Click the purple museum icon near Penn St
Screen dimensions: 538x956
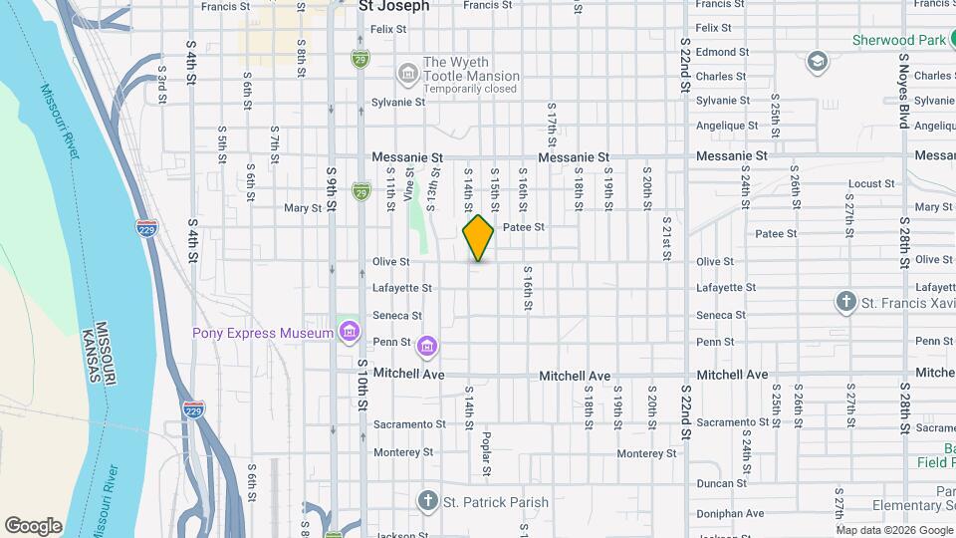coord(427,346)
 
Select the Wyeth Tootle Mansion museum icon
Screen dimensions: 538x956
coord(406,73)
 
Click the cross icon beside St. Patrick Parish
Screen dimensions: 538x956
coord(427,501)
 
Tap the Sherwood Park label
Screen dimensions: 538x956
coord(897,41)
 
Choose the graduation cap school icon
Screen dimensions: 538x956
coord(818,62)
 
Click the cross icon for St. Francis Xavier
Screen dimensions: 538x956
coord(845,302)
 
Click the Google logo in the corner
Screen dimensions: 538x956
coord(33,525)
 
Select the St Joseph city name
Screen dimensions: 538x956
coord(393,6)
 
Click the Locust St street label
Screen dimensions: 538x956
coord(871,184)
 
